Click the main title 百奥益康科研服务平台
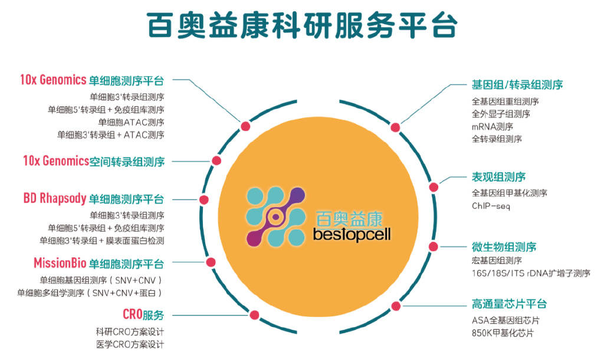[301, 25]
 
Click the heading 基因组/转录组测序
[517, 84]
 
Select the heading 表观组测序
[498, 176]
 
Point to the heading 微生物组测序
[504, 246]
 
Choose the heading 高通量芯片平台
[509, 304]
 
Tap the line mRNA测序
[492, 126]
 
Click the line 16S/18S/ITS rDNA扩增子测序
[530, 273]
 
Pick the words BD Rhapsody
[55, 198]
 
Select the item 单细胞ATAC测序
[131, 122]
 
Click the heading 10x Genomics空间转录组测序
[93, 161]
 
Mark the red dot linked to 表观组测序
[434, 187]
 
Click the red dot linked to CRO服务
[254, 315]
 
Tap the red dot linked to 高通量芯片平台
[395, 306]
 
